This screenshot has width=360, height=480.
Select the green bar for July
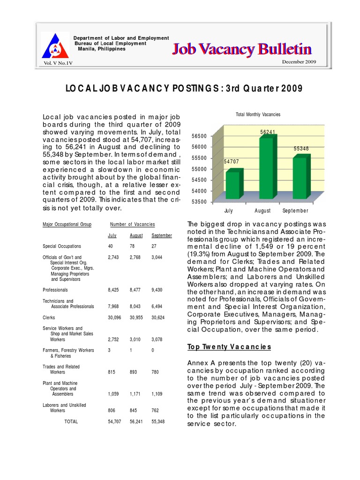pyautogui.click(x=233, y=184)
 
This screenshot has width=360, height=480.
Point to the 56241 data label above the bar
pyautogui.click(x=268, y=133)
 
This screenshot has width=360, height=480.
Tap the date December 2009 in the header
pyautogui.click(x=299, y=62)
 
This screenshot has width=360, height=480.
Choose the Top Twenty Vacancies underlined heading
pyautogui.click(x=229, y=347)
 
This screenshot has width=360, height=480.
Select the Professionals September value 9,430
pyautogui.click(x=158, y=290)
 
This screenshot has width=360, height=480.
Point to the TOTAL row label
pyautogui.click(x=71, y=421)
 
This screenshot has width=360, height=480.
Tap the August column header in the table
pyautogui.click(x=136, y=235)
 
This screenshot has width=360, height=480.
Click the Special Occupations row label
pyautogui.click(x=62, y=246)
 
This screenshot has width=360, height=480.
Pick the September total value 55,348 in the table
pyautogui.click(x=158, y=421)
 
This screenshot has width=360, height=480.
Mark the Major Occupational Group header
pyautogui.click(x=67, y=225)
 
